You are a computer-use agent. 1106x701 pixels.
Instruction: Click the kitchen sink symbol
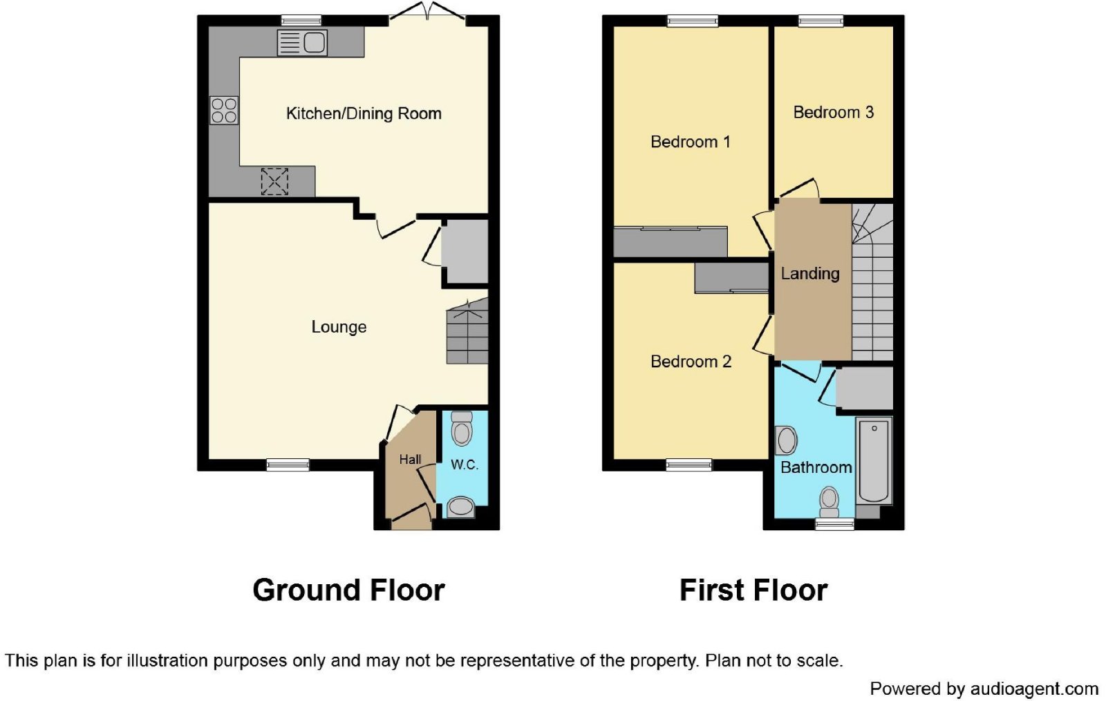[302, 43]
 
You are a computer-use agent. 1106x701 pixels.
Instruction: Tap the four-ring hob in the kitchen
[224, 111]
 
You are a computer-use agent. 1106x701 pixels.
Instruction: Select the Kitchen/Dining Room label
[364, 113]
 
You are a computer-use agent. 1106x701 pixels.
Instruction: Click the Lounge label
[339, 327]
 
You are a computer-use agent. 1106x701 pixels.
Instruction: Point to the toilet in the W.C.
[462, 429]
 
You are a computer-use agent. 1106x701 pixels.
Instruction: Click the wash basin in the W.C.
[461, 508]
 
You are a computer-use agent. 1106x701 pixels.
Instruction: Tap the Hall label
[410, 459]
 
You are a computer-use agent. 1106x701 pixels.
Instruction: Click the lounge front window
[288, 465]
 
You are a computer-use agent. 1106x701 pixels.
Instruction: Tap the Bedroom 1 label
[690, 142]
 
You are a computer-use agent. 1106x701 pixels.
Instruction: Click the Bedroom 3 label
[833, 112]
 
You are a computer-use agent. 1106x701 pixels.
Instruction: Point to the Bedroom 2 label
[691, 362]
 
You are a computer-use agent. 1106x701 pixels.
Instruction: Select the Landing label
[810, 274]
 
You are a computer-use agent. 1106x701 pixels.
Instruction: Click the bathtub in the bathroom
[874, 460]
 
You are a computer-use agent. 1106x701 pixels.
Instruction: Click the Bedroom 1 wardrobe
[670, 242]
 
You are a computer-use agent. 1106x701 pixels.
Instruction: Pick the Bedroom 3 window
[821, 21]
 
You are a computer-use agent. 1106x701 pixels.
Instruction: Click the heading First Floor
[753, 590]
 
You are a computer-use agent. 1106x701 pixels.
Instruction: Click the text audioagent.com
[1033, 689]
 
